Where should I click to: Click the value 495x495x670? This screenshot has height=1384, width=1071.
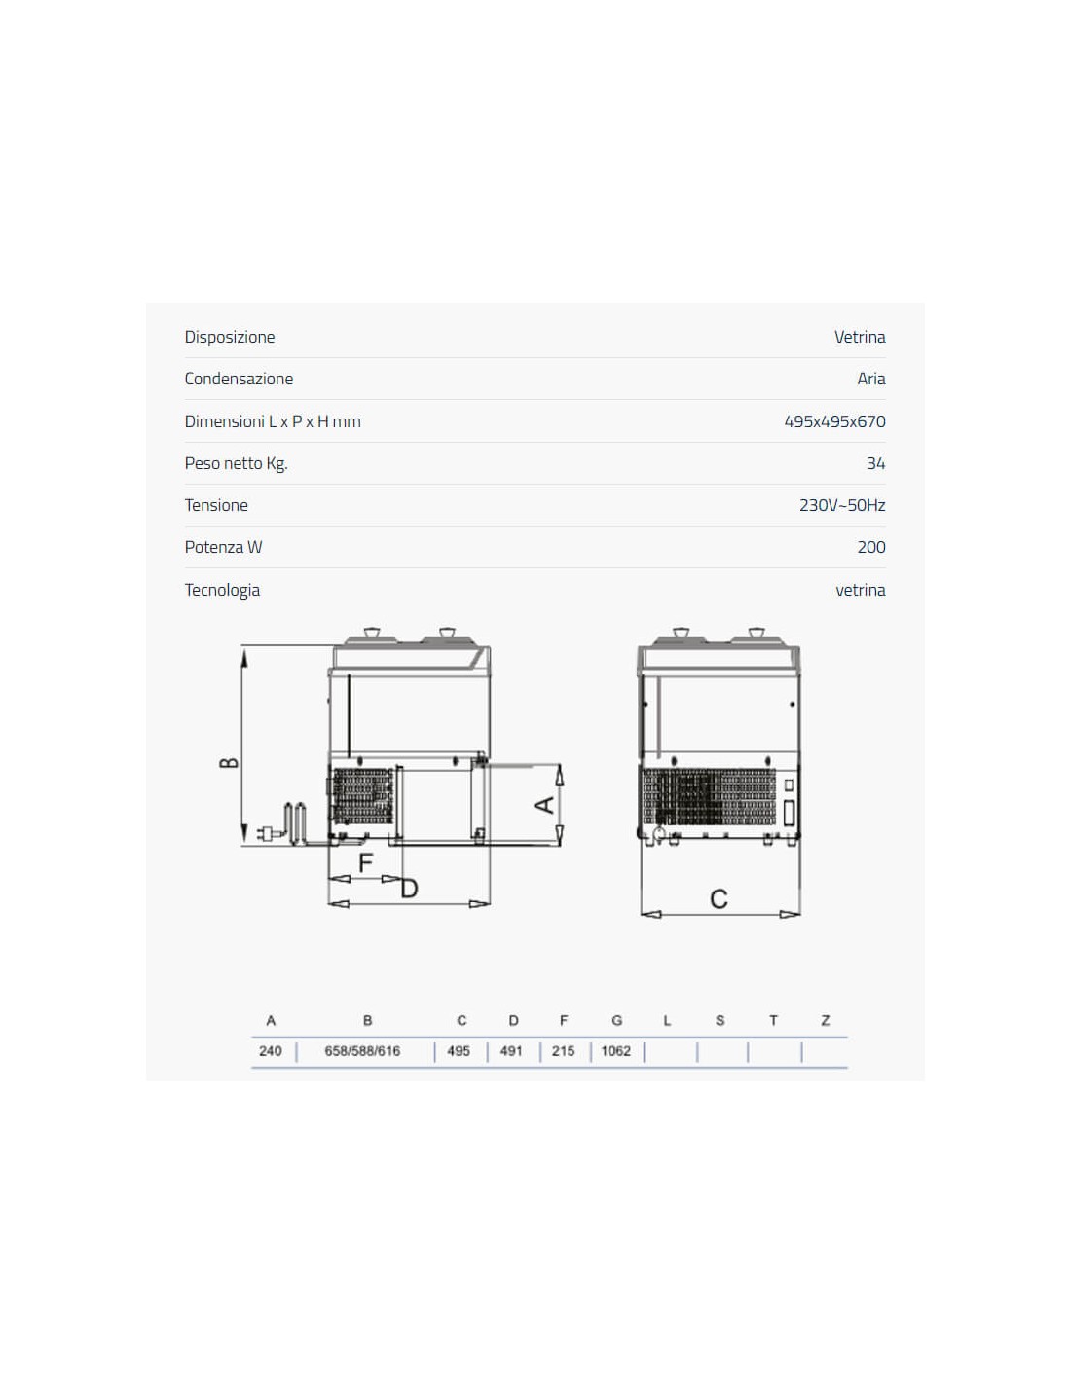(x=834, y=421)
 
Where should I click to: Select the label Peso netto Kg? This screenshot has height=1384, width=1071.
(x=236, y=463)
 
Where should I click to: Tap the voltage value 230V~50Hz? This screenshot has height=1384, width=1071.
(x=841, y=505)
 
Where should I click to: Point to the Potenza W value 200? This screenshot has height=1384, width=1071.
(x=871, y=547)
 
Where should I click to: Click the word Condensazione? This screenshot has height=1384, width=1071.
(x=239, y=379)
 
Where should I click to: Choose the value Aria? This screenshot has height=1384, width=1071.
(x=871, y=379)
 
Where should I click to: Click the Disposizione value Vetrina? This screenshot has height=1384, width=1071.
(x=860, y=337)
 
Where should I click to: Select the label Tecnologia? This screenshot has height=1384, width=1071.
(x=222, y=590)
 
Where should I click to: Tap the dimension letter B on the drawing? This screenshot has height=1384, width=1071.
(x=229, y=762)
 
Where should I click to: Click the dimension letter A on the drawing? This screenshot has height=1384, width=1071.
(x=544, y=806)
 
